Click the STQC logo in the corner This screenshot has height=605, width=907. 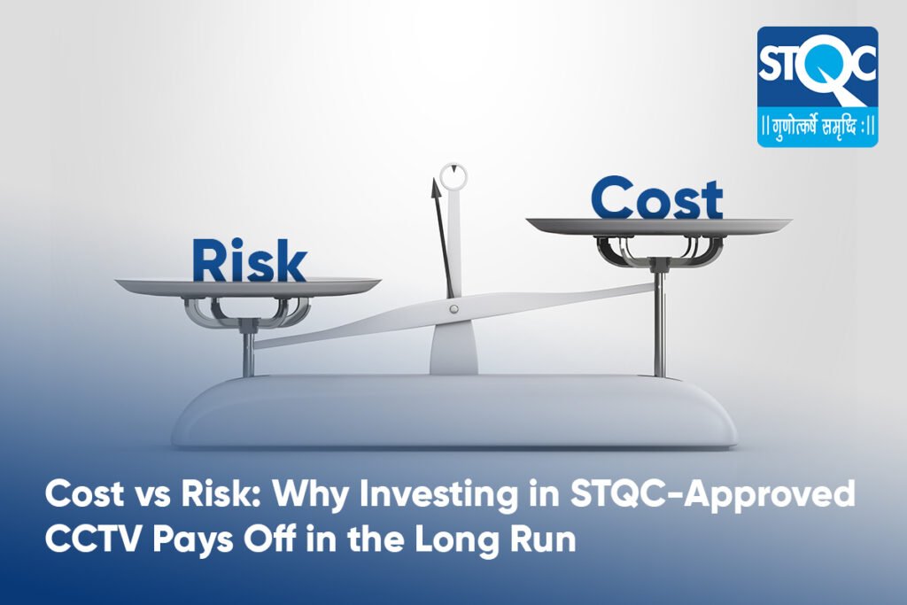point(818,86)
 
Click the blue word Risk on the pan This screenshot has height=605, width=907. point(249,260)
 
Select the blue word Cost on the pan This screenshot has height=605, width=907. point(657,198)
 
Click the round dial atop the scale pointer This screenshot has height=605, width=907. point(453,176)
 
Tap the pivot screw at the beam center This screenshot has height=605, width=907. point(454,309)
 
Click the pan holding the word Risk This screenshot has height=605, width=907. point(248,288)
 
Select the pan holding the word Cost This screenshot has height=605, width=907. point(659,226)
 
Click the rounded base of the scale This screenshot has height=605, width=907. point(454,411)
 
